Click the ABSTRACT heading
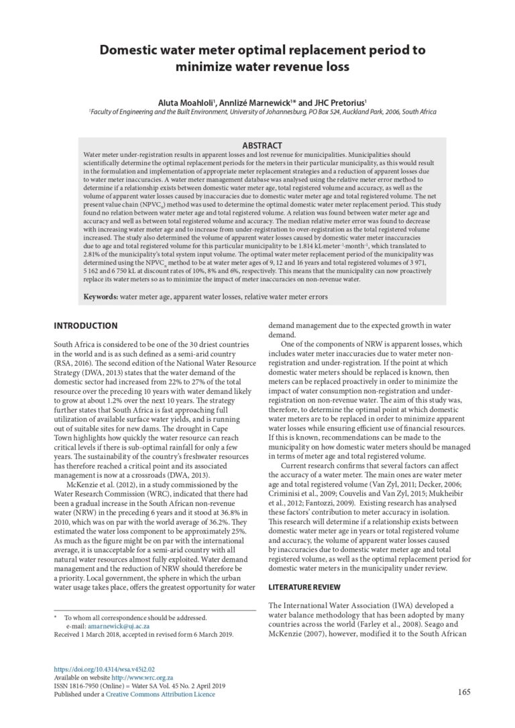pos(262,146)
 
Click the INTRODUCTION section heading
pos(85,326)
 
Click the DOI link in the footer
pos(104,669)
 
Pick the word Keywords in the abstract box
pos(100,296)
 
